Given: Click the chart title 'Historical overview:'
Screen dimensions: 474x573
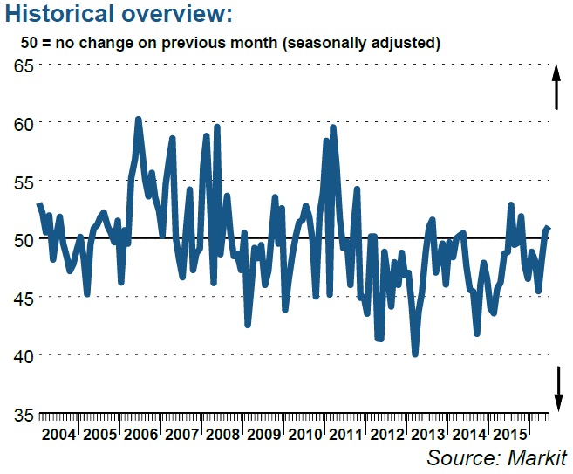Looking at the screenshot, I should pos(118,15).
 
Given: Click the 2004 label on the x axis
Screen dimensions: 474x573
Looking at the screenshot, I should pos(59,435).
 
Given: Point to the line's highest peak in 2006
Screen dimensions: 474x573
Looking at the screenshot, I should pos(138,119).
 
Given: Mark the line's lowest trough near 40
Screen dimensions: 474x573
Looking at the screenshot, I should pos(416,354).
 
